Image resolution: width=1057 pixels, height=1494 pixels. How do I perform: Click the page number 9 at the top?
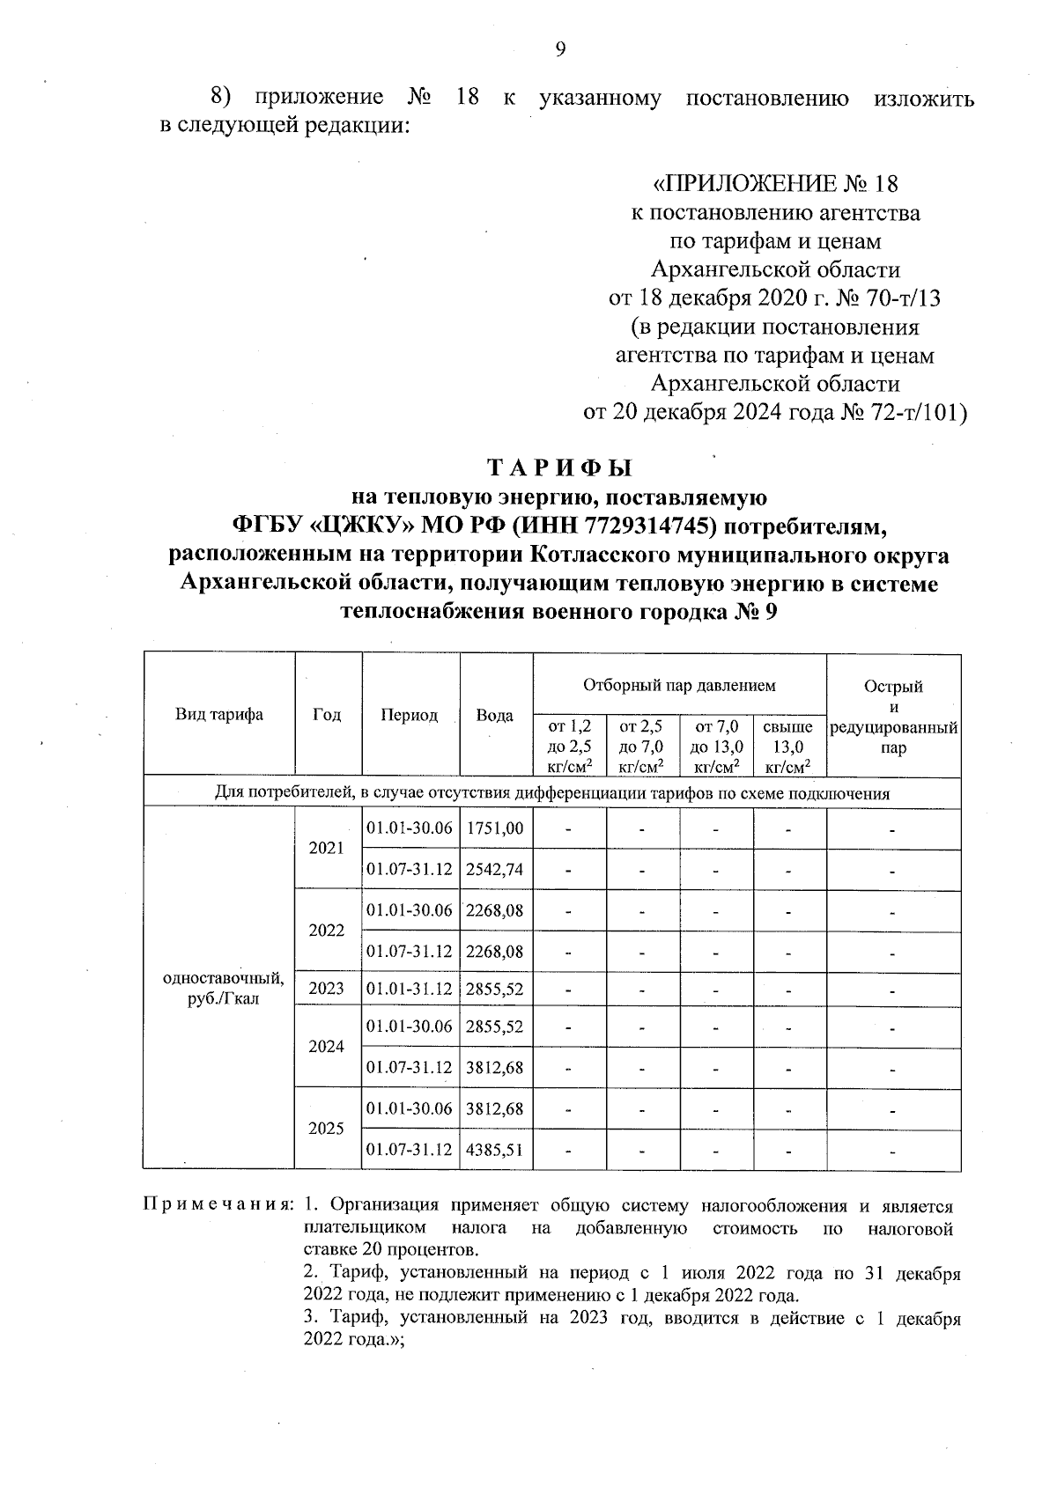(560, 49)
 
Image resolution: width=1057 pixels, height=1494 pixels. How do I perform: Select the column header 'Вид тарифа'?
(218, 715)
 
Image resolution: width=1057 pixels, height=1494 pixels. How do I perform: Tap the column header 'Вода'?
(494, 716)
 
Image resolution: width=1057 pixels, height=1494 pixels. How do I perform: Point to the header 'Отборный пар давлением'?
(679, 684)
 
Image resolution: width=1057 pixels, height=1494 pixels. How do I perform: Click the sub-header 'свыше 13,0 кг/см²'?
(788, 747)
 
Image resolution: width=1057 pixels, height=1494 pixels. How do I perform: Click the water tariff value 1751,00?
(495, 828)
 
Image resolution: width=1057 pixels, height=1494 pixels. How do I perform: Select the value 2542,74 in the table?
(495, 870)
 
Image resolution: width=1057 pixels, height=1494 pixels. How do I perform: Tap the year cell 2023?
(326, 989)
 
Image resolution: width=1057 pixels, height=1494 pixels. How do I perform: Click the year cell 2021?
(326, 849)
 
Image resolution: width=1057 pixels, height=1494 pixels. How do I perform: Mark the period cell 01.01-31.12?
(409, 989)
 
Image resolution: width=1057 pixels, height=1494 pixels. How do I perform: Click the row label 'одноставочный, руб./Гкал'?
(224, 989)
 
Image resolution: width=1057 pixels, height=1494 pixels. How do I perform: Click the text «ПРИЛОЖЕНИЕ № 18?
(775, 184)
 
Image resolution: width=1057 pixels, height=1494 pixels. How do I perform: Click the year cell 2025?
(326, 1129)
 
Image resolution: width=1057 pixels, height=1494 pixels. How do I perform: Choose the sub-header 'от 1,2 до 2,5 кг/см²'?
(570, 747)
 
